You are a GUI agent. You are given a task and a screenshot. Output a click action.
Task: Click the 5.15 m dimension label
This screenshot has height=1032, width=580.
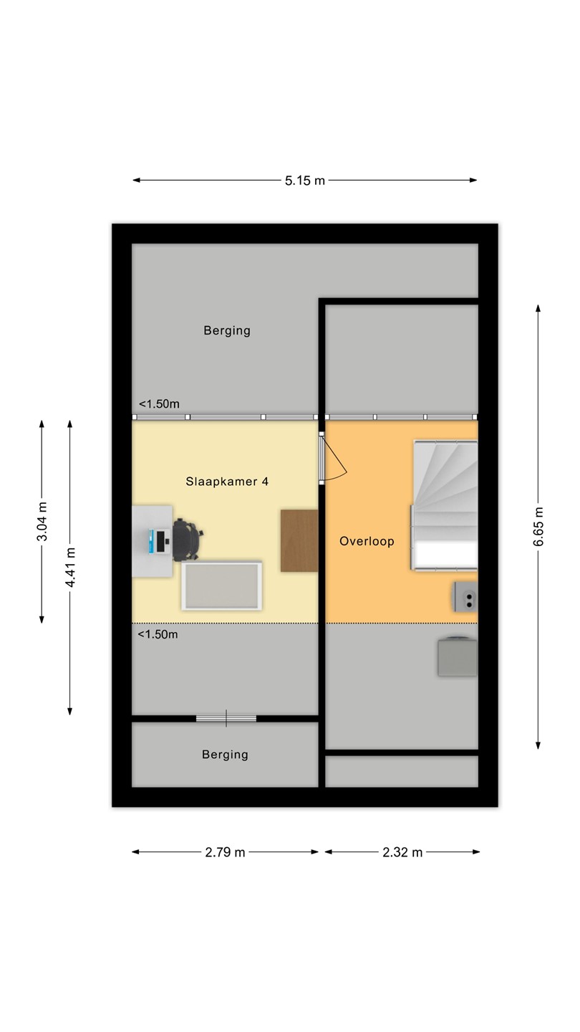(305, 181)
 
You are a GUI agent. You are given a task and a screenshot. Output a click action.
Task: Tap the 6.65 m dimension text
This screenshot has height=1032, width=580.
(538, 527)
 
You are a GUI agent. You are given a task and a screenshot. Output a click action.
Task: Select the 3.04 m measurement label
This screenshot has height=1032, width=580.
(42, 522)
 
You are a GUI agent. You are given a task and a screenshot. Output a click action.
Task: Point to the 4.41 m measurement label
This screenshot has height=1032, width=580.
(70, 568)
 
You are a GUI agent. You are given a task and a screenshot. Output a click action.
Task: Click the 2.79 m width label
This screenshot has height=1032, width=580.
(225, 852)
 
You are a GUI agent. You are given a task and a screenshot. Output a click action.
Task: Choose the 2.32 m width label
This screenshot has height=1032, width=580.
(402, 852)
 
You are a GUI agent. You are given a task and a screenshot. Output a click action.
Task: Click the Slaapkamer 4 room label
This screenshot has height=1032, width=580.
(227, 482)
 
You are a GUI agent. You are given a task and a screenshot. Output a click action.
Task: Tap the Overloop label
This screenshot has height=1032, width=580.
(367, 541)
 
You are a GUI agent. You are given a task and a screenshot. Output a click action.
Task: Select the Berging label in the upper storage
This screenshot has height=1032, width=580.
(227, 331)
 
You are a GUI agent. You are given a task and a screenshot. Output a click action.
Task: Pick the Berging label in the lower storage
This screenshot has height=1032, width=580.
(225, 755)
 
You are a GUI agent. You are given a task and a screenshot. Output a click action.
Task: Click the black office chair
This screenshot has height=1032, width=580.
(188, 539)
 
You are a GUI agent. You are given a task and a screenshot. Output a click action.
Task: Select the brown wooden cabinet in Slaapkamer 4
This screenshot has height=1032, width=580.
(299, 541)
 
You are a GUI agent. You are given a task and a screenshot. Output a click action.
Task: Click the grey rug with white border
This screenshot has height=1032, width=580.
(221, 586)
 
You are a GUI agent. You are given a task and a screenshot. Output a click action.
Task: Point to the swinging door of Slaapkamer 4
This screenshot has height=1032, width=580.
(332, 458)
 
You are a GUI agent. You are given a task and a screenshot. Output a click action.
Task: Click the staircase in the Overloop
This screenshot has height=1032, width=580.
(444, 505)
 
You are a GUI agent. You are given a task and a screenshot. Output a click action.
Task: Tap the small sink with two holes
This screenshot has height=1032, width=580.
(466, 596)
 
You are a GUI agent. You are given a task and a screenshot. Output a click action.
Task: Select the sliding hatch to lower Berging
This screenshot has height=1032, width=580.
(226, 718)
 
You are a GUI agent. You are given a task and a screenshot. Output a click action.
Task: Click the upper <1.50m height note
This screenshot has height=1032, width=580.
(159, 404)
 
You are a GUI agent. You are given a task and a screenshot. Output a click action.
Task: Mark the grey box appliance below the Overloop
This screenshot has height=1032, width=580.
(458, 656)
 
